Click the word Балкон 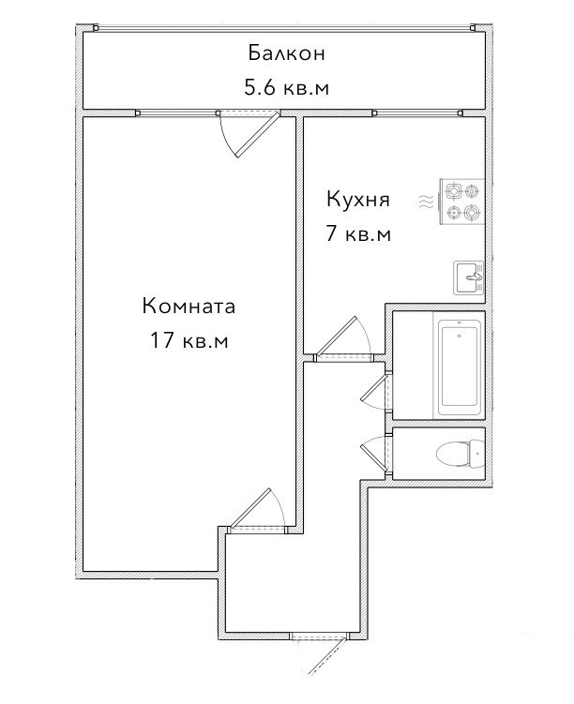(287, 53)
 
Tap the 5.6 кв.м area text (287, 87)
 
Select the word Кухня (358, 200)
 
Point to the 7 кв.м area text (358, 234)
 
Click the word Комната (189, 307)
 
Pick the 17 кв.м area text (189, 341)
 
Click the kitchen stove (461, 202)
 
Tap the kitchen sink (469, 277)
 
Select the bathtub (459, 366)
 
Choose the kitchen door (343, 339)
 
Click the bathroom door (376, 391)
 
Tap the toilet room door (376, 454)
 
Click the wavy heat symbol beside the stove (427, 202)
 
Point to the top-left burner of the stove (453, 192)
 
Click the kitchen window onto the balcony (417, 112)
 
